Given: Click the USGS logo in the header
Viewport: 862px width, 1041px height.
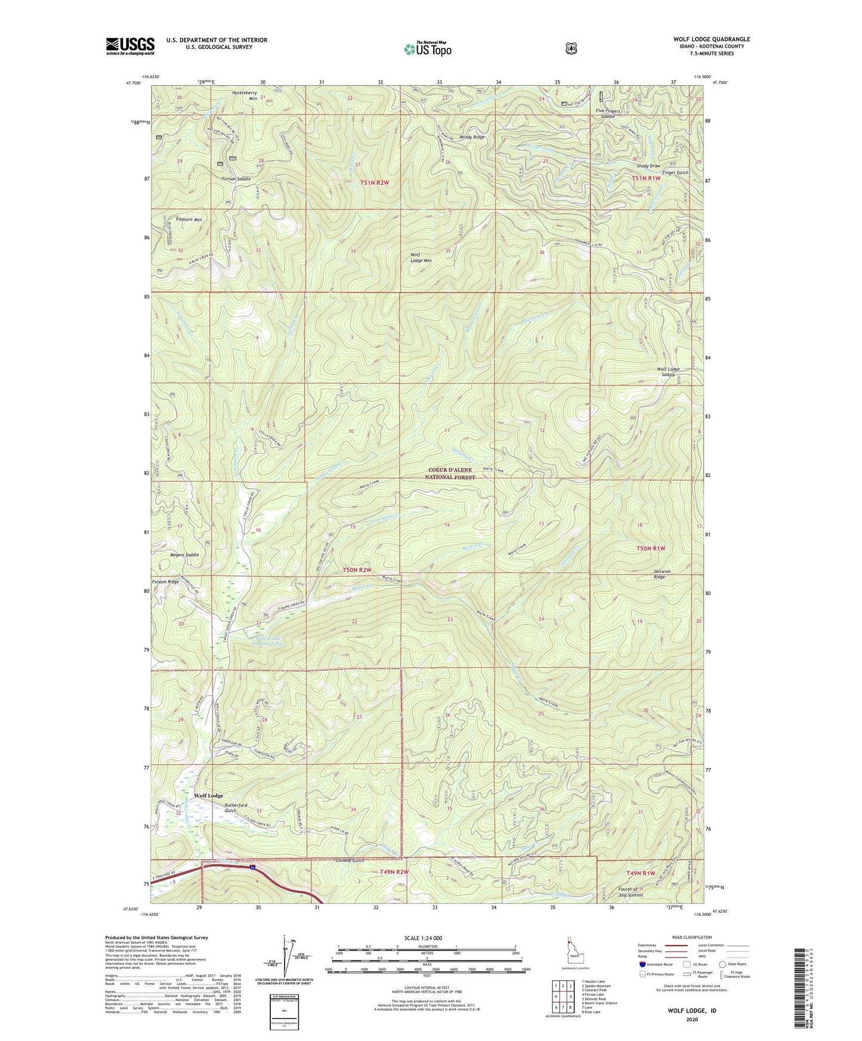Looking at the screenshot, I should pyautogui.click(x=130, y=45).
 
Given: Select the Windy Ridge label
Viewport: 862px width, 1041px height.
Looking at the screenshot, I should pyautogui.click(x=471, y=137).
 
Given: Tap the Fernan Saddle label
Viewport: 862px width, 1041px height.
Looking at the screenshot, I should pyautogui.click(x=236, y=179).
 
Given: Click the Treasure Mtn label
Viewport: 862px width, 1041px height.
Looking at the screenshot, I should pyautogui.click(x=188, y=219).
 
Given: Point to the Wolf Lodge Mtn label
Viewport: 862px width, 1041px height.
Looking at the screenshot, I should pyautogui.click(x=421, y=258).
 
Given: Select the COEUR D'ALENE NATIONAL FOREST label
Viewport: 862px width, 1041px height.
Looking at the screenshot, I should pyautogui.click(x=450, y=473).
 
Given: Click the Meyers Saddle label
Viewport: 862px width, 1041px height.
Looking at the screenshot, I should pyautogui.click(x=184, y=554).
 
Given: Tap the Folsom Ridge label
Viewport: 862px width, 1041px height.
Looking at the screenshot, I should pyautogui.click(x=165, y=581).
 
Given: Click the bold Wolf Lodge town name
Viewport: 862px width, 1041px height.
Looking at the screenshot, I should pyautogui.click(x=208, y=796).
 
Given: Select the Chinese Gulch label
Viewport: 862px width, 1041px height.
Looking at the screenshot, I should pyautogui.click(x=350, y=860).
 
